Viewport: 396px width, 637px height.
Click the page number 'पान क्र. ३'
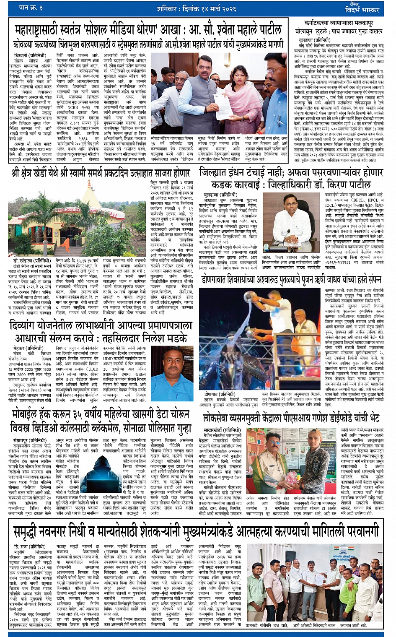point(31,8)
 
